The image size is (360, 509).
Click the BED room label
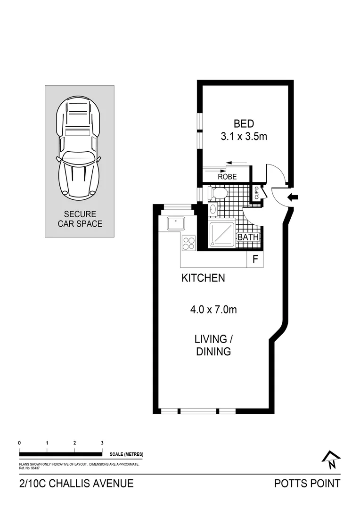click(x=244, y=124)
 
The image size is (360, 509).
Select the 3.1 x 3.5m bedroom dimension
click(x=244, y=137)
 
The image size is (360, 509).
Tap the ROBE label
click(x=227, y=177)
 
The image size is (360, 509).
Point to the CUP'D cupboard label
click(x=256, y=193)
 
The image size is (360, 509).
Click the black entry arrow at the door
click(x=293, y=198)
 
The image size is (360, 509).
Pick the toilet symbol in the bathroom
click(x=219, y=193)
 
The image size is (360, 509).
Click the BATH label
click(x=248, y=238)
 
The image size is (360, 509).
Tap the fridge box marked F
click(x=255, y=259)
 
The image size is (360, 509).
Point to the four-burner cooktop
click(x=189, y=243)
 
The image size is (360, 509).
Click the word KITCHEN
click(x=203, y=279)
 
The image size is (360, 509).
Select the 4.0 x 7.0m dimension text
click(x=213, y=310)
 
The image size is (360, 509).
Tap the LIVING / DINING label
click(x=213, y=345)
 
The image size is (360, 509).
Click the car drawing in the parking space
click(x=79, y=149)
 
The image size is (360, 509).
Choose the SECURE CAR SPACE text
click(x=80, y=219)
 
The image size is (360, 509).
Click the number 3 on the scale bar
click(x=102, y=443)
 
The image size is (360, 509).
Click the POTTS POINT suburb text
click(x=307, y=484)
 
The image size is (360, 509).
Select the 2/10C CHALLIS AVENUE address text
click(x=76, y=484)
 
